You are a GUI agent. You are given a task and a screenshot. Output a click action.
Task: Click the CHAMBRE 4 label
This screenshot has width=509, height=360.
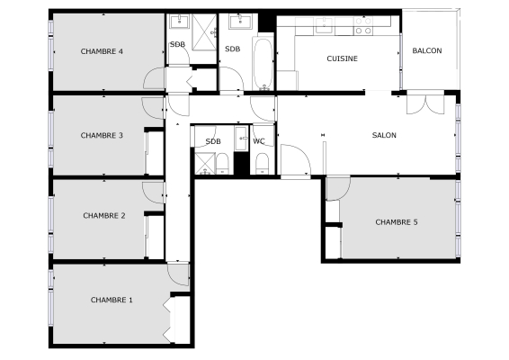[102, 51]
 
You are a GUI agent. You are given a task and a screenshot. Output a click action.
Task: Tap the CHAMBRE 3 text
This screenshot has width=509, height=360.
[102, 136]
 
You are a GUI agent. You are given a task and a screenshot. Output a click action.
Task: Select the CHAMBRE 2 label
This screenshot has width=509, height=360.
[103, 215]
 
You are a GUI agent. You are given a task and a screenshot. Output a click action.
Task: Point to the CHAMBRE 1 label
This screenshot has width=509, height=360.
[112, 299]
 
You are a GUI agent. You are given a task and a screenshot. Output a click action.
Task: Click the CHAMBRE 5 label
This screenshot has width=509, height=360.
[397, 221]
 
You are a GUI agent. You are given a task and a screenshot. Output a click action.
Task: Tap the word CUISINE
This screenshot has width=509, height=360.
[342, 58]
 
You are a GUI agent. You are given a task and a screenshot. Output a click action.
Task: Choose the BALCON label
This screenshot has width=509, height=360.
[427, 50]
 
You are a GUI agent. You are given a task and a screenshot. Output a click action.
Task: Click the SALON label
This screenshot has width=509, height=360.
[384, 136]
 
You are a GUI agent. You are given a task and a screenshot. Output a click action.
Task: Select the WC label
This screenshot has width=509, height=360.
[259, 140]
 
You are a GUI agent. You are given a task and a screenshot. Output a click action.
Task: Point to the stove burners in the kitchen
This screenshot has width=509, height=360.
[363, 30]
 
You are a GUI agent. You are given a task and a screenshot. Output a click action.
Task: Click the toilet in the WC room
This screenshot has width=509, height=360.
[261, 162]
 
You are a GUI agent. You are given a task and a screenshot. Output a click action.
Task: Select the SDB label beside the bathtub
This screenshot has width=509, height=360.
[233, 49]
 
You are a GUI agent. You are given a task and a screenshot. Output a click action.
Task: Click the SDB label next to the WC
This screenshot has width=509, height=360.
[213, 141]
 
